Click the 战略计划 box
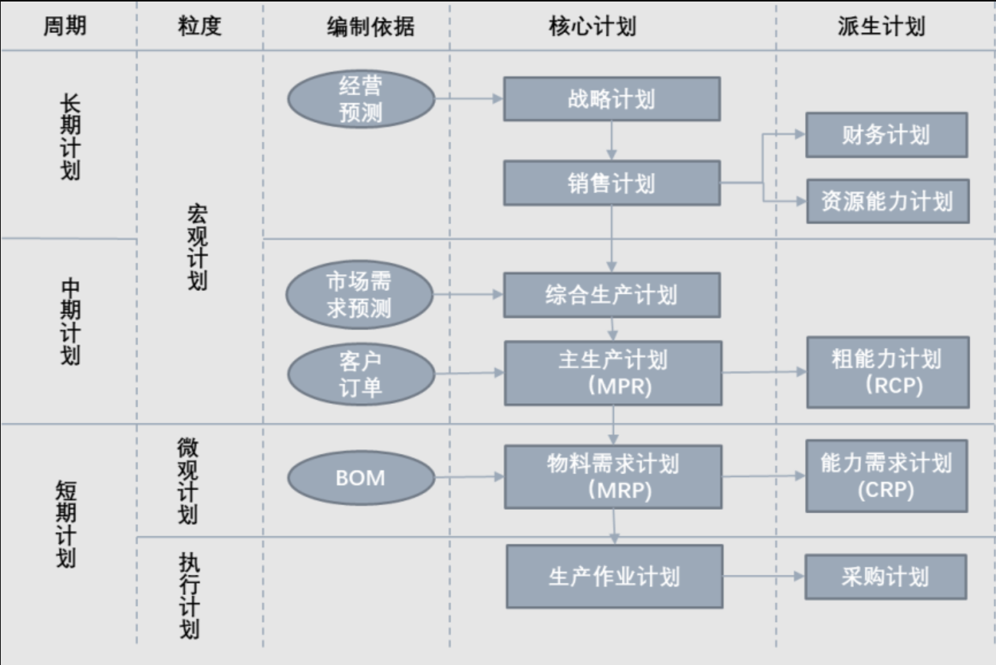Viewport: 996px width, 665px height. pyautogui.click(x=612, y=99)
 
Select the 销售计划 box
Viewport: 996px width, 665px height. pyautogui.click(x=612, y=184)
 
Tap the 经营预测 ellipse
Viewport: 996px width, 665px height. pyautogui.click(x=361, y=100)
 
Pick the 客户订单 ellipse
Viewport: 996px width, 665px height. pyautogui.click(x=361, y=375)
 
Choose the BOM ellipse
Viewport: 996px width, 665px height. pyautogui.click(x=361, y=478)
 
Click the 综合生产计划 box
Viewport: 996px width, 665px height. pyautogui.click(x=612, y=295)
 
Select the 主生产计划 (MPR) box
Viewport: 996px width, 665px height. pyautogui.click(x=612, y=373)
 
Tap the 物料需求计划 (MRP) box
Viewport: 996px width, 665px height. pyautogui.click(x=612, y=477)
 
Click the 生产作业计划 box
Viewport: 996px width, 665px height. pyautogui.click(x=614, y=577)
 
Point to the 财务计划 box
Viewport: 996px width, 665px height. pyautogui.click(x=886, y=135)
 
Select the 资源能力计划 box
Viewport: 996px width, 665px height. pyautogui.click(x=887, y=202)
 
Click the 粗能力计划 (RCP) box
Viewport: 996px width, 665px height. pyautogui.click(x=887, y=372)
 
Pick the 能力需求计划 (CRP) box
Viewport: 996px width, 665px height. pyautogui.click(x=886, y=476)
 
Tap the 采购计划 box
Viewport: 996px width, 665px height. pyautogui.click(x=885, y=577)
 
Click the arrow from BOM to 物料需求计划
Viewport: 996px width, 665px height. pyautogui.click(x=469, y=477)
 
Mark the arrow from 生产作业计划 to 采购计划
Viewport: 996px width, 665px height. pyautogui.click(x=763, y=577)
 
